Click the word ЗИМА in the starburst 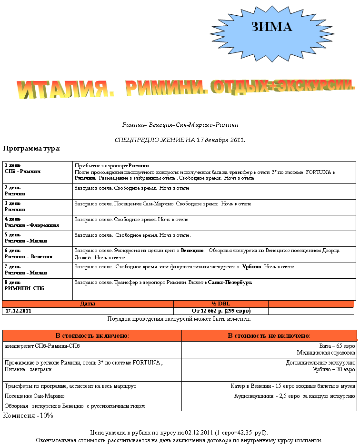(271, 27)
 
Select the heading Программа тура (31, 149)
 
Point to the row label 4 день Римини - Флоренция (31, 223)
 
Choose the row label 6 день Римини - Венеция (28, 253)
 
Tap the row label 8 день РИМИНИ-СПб (24, 285)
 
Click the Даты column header (88, 304)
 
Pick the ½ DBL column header (220, 304)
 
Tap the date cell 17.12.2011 (19, 311)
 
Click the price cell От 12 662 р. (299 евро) (221, 311)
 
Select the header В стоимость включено (92, 336)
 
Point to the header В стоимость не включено (269, 336)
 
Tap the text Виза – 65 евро (337, 346)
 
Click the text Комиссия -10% (28, 416)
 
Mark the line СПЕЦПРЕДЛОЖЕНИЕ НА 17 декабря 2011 (180, 140)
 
